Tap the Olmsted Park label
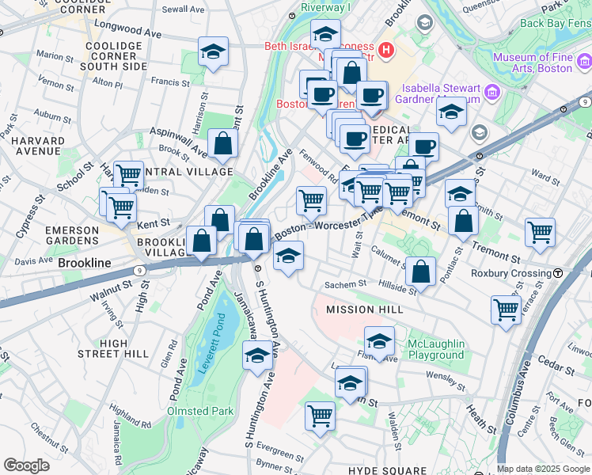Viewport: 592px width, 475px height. (200, 411)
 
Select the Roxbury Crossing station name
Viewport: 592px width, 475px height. (510, 273)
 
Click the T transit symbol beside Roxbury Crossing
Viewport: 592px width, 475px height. (558, 273)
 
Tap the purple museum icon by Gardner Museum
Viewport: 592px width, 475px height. (492, 93)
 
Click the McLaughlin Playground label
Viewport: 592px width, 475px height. (435, 349)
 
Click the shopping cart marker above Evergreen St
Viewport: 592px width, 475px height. (321, 414)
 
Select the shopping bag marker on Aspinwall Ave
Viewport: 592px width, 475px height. (223, 143)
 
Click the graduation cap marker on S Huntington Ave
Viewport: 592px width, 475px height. (257, 357)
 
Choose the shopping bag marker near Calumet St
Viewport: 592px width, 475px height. (422, 271)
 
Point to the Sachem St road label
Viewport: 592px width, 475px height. (347, 283)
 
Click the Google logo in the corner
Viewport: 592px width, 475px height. (27, 465)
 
